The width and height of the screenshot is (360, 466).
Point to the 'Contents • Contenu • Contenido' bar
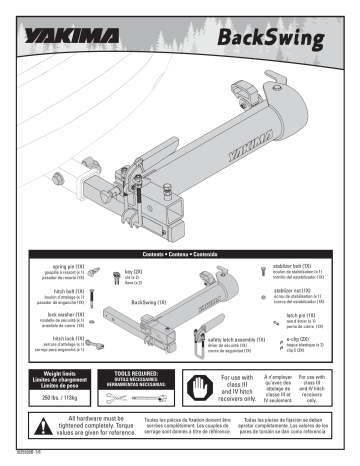(180, 257)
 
